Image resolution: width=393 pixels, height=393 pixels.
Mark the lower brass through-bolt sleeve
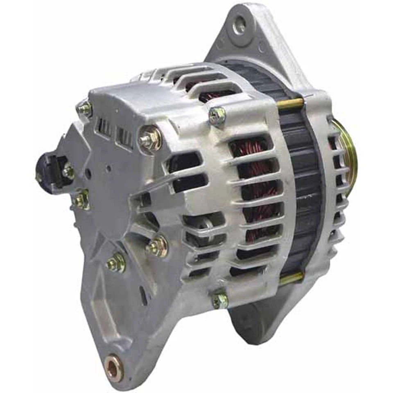[291, 278]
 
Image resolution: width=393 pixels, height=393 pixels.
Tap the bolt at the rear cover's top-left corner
[85, 108]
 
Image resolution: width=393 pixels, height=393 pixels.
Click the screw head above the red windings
[217, 115]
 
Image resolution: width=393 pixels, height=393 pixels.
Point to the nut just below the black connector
[81, 200]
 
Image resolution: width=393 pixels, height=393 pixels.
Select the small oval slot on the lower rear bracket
[143, 294]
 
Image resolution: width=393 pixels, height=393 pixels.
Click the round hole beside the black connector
[88, 174]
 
